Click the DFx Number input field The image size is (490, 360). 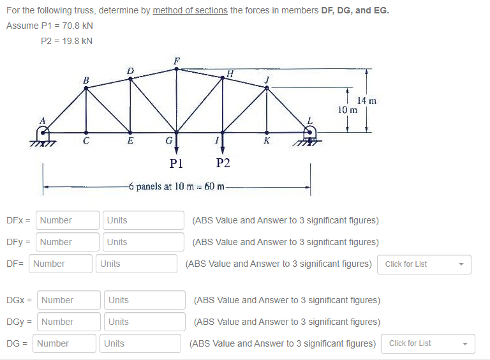[x=68, y=220]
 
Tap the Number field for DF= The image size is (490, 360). [x=61, y=264]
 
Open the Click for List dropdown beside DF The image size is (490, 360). [x=424, y=264]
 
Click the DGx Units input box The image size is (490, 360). [x=144, y=300]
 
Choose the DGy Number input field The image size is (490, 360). [x=68, y=322]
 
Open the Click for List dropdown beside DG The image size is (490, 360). [x=428, y=343]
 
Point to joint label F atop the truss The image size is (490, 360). [x=177, y=61]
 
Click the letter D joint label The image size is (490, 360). [x=130, y=70]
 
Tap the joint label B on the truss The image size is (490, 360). [x=86, y=80]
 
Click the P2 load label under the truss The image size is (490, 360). [x=223, y=163]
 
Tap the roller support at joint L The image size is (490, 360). [x=310, y=134]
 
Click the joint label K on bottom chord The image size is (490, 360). [x=267, y=140]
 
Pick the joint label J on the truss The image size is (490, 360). [x=267, y=79]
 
